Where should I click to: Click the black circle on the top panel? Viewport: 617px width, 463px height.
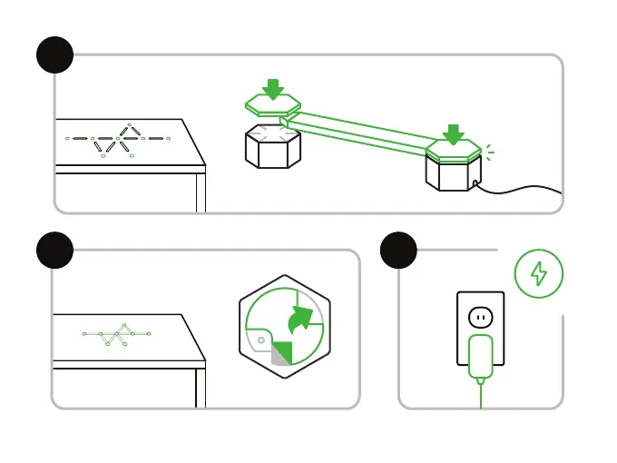pos(54,54)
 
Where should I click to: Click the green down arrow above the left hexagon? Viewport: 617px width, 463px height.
pos(272,88)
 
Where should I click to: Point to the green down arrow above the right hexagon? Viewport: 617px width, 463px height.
pos(453,134)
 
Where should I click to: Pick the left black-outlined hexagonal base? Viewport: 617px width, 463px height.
pos(272,148)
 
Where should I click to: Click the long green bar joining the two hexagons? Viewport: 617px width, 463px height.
pos(363,130)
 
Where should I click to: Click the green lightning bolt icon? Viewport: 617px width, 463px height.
pos(539,273)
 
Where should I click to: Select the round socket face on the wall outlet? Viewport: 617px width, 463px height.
pos(480,317)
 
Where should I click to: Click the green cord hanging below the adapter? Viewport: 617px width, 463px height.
pos(480,395)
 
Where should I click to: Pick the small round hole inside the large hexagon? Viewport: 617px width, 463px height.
pos(261,341)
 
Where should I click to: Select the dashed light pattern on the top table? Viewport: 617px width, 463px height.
pos(116,141)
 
